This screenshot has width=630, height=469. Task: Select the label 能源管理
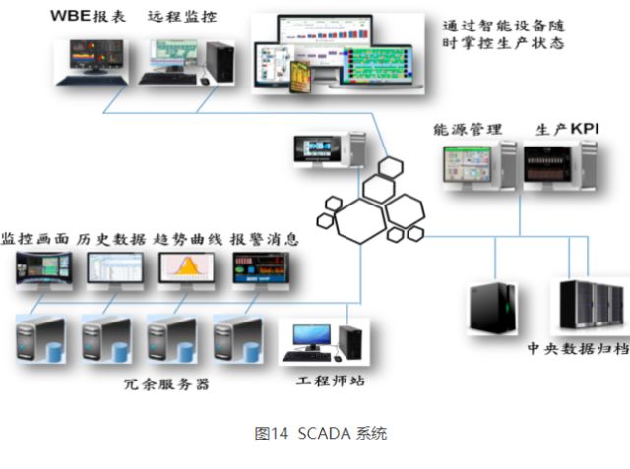468,129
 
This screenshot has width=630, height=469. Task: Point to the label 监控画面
37,239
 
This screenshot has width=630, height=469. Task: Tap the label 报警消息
265,239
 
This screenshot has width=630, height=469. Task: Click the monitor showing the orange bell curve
186,270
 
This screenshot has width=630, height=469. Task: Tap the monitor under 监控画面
44,270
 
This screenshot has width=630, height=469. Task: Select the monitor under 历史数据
114,270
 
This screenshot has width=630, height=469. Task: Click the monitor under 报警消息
259,270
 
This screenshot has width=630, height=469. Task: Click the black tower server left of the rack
491,307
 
